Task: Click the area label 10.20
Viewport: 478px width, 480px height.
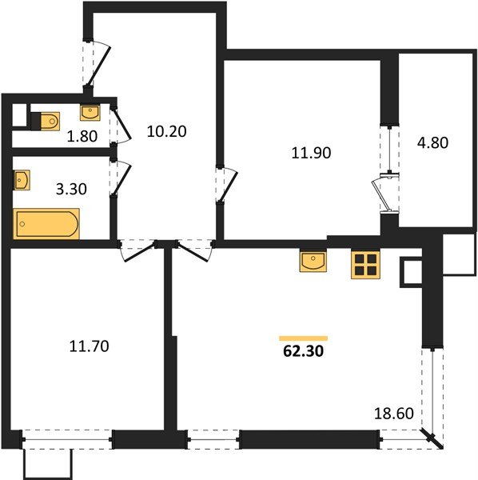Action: point(167,131)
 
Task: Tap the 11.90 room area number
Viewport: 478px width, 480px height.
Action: point(311,153)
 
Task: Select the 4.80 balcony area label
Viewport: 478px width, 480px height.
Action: point(432,142)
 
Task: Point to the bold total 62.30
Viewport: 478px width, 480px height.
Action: point(303,351)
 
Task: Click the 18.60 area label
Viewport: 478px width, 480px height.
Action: point(394,414)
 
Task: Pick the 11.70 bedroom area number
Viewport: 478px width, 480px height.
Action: point(89,346)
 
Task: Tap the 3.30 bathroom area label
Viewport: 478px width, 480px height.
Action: point(71,189)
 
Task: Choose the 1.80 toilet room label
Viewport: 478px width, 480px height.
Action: point(82,136)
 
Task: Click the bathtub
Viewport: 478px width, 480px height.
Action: point(46,223)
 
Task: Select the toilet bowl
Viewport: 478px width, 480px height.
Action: point(46,122)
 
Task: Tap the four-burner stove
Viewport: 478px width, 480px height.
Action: point(365,265)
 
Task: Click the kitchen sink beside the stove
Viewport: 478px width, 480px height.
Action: point(313,261)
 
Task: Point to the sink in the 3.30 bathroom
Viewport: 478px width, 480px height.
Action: point(22,180)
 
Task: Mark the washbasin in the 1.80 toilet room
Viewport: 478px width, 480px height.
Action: point(90,112)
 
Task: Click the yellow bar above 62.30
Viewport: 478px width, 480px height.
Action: point(304,338)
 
